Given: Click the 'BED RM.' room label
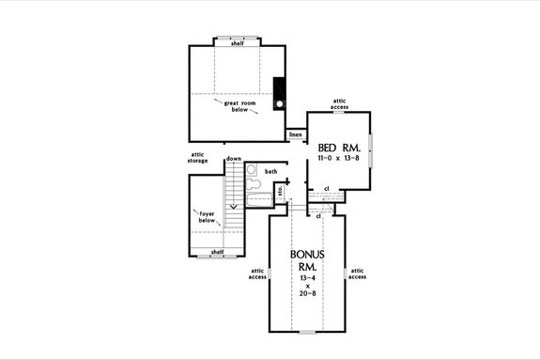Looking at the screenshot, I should pos(339,148).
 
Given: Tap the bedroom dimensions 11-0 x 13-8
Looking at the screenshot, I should pos(339,162).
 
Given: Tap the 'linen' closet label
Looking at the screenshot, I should pos(295,135).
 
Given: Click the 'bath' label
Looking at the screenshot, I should pos(270,172).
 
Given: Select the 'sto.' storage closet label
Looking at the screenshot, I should pos(280,193).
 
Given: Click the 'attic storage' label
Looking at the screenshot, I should pos(199,158).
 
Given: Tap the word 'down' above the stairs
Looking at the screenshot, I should pos(234,159).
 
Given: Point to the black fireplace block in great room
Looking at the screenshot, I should pos(279,93).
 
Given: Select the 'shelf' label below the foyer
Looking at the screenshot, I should pos(217,251).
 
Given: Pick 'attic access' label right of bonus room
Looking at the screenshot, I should pos(357,274).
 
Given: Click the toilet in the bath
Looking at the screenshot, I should pos(252,172).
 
